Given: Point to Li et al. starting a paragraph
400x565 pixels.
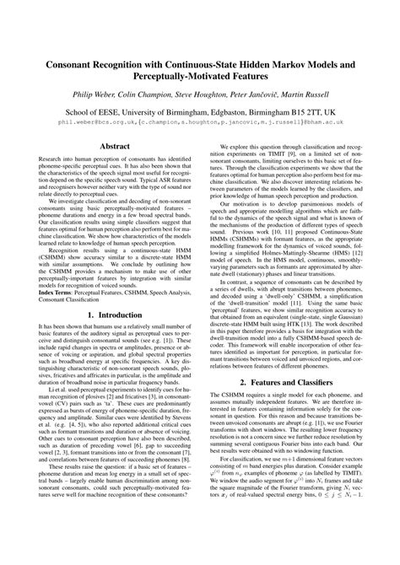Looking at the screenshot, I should (x=41, y=437).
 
